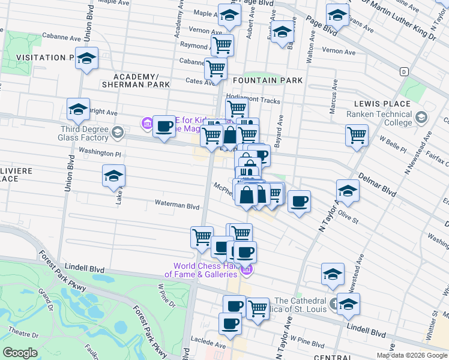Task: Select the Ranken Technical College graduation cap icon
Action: coord(421,118)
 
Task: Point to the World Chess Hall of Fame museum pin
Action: coord(246,271)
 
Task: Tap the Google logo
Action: coord(20,353)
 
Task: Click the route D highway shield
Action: coord(404,71)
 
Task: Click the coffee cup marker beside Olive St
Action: coord(299,201)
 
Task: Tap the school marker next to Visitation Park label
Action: coord(87,59)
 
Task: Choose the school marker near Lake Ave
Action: coord(113,175)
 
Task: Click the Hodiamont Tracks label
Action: coord(253,101)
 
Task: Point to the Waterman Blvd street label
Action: coord(177,205)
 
